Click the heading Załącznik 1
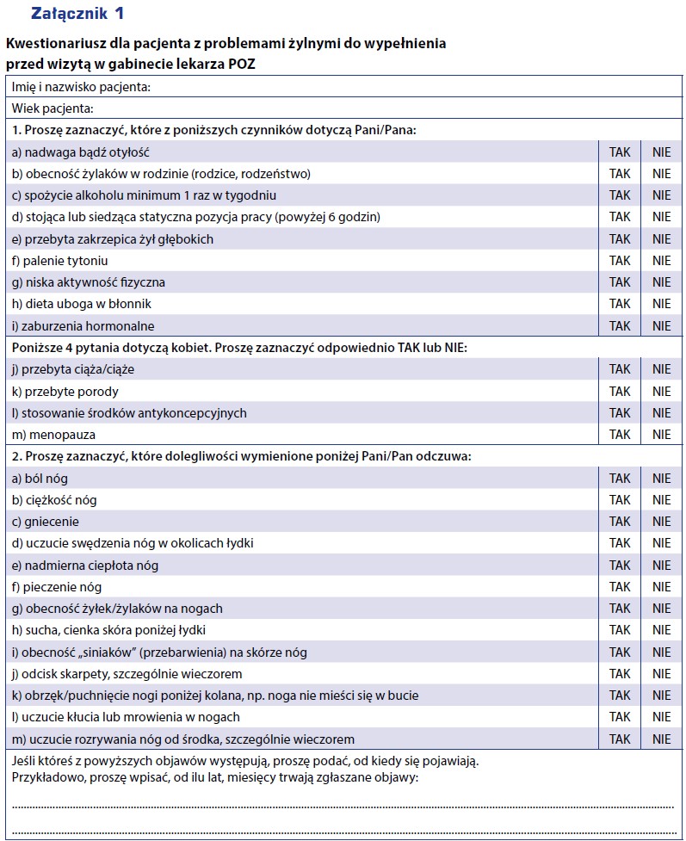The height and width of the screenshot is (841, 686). point(77,14)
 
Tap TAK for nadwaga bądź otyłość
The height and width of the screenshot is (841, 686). point(620,152)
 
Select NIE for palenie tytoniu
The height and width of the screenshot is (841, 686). point(661,261)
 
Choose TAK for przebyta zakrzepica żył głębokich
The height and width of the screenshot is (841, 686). point(620,239)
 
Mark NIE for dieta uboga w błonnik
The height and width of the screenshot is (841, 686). point(661,304)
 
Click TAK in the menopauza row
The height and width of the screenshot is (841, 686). point(620,435)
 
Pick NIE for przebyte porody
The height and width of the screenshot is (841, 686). point(661,392)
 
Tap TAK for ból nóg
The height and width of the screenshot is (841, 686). point(620,479)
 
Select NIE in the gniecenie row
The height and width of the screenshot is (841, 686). point(661,522)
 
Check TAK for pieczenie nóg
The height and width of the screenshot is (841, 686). point(620,587)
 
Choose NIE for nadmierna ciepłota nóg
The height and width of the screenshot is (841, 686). point(661,566)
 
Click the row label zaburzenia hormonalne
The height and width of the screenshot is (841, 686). point(83,326)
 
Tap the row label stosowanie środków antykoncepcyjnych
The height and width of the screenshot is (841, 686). point(129,413)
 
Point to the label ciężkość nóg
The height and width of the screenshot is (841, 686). point(54,500)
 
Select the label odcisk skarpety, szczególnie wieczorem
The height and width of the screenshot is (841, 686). point(127,674)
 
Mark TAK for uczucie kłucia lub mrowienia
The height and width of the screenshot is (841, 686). point(620,717)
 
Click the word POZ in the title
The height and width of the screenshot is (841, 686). point(239,64)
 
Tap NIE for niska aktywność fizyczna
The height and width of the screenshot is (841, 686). point(661,282)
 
